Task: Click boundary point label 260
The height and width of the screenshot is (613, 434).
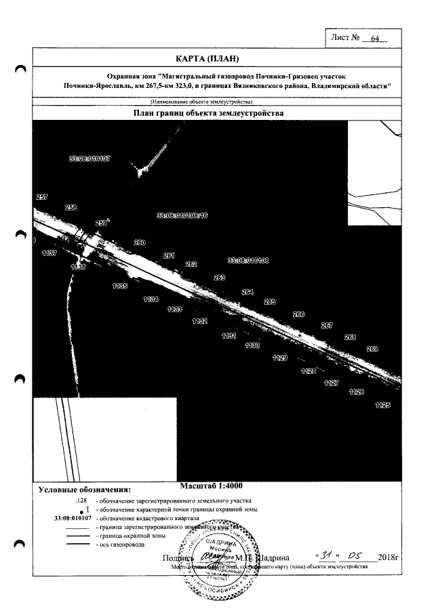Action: (140, 242)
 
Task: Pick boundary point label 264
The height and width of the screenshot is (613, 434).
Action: (248, 292)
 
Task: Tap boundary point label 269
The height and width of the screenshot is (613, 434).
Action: (372, 349)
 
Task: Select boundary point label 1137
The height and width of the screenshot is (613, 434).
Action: (49, 253)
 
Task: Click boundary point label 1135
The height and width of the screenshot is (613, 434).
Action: (120, 287)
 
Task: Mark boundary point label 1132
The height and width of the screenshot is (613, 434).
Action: (199, 321)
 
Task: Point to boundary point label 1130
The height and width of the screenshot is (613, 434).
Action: (252, 345)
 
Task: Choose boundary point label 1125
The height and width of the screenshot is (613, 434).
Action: (382, 405)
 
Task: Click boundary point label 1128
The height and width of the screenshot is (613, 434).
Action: (309, 371)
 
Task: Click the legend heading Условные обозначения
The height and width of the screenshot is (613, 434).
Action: (85, 488)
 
